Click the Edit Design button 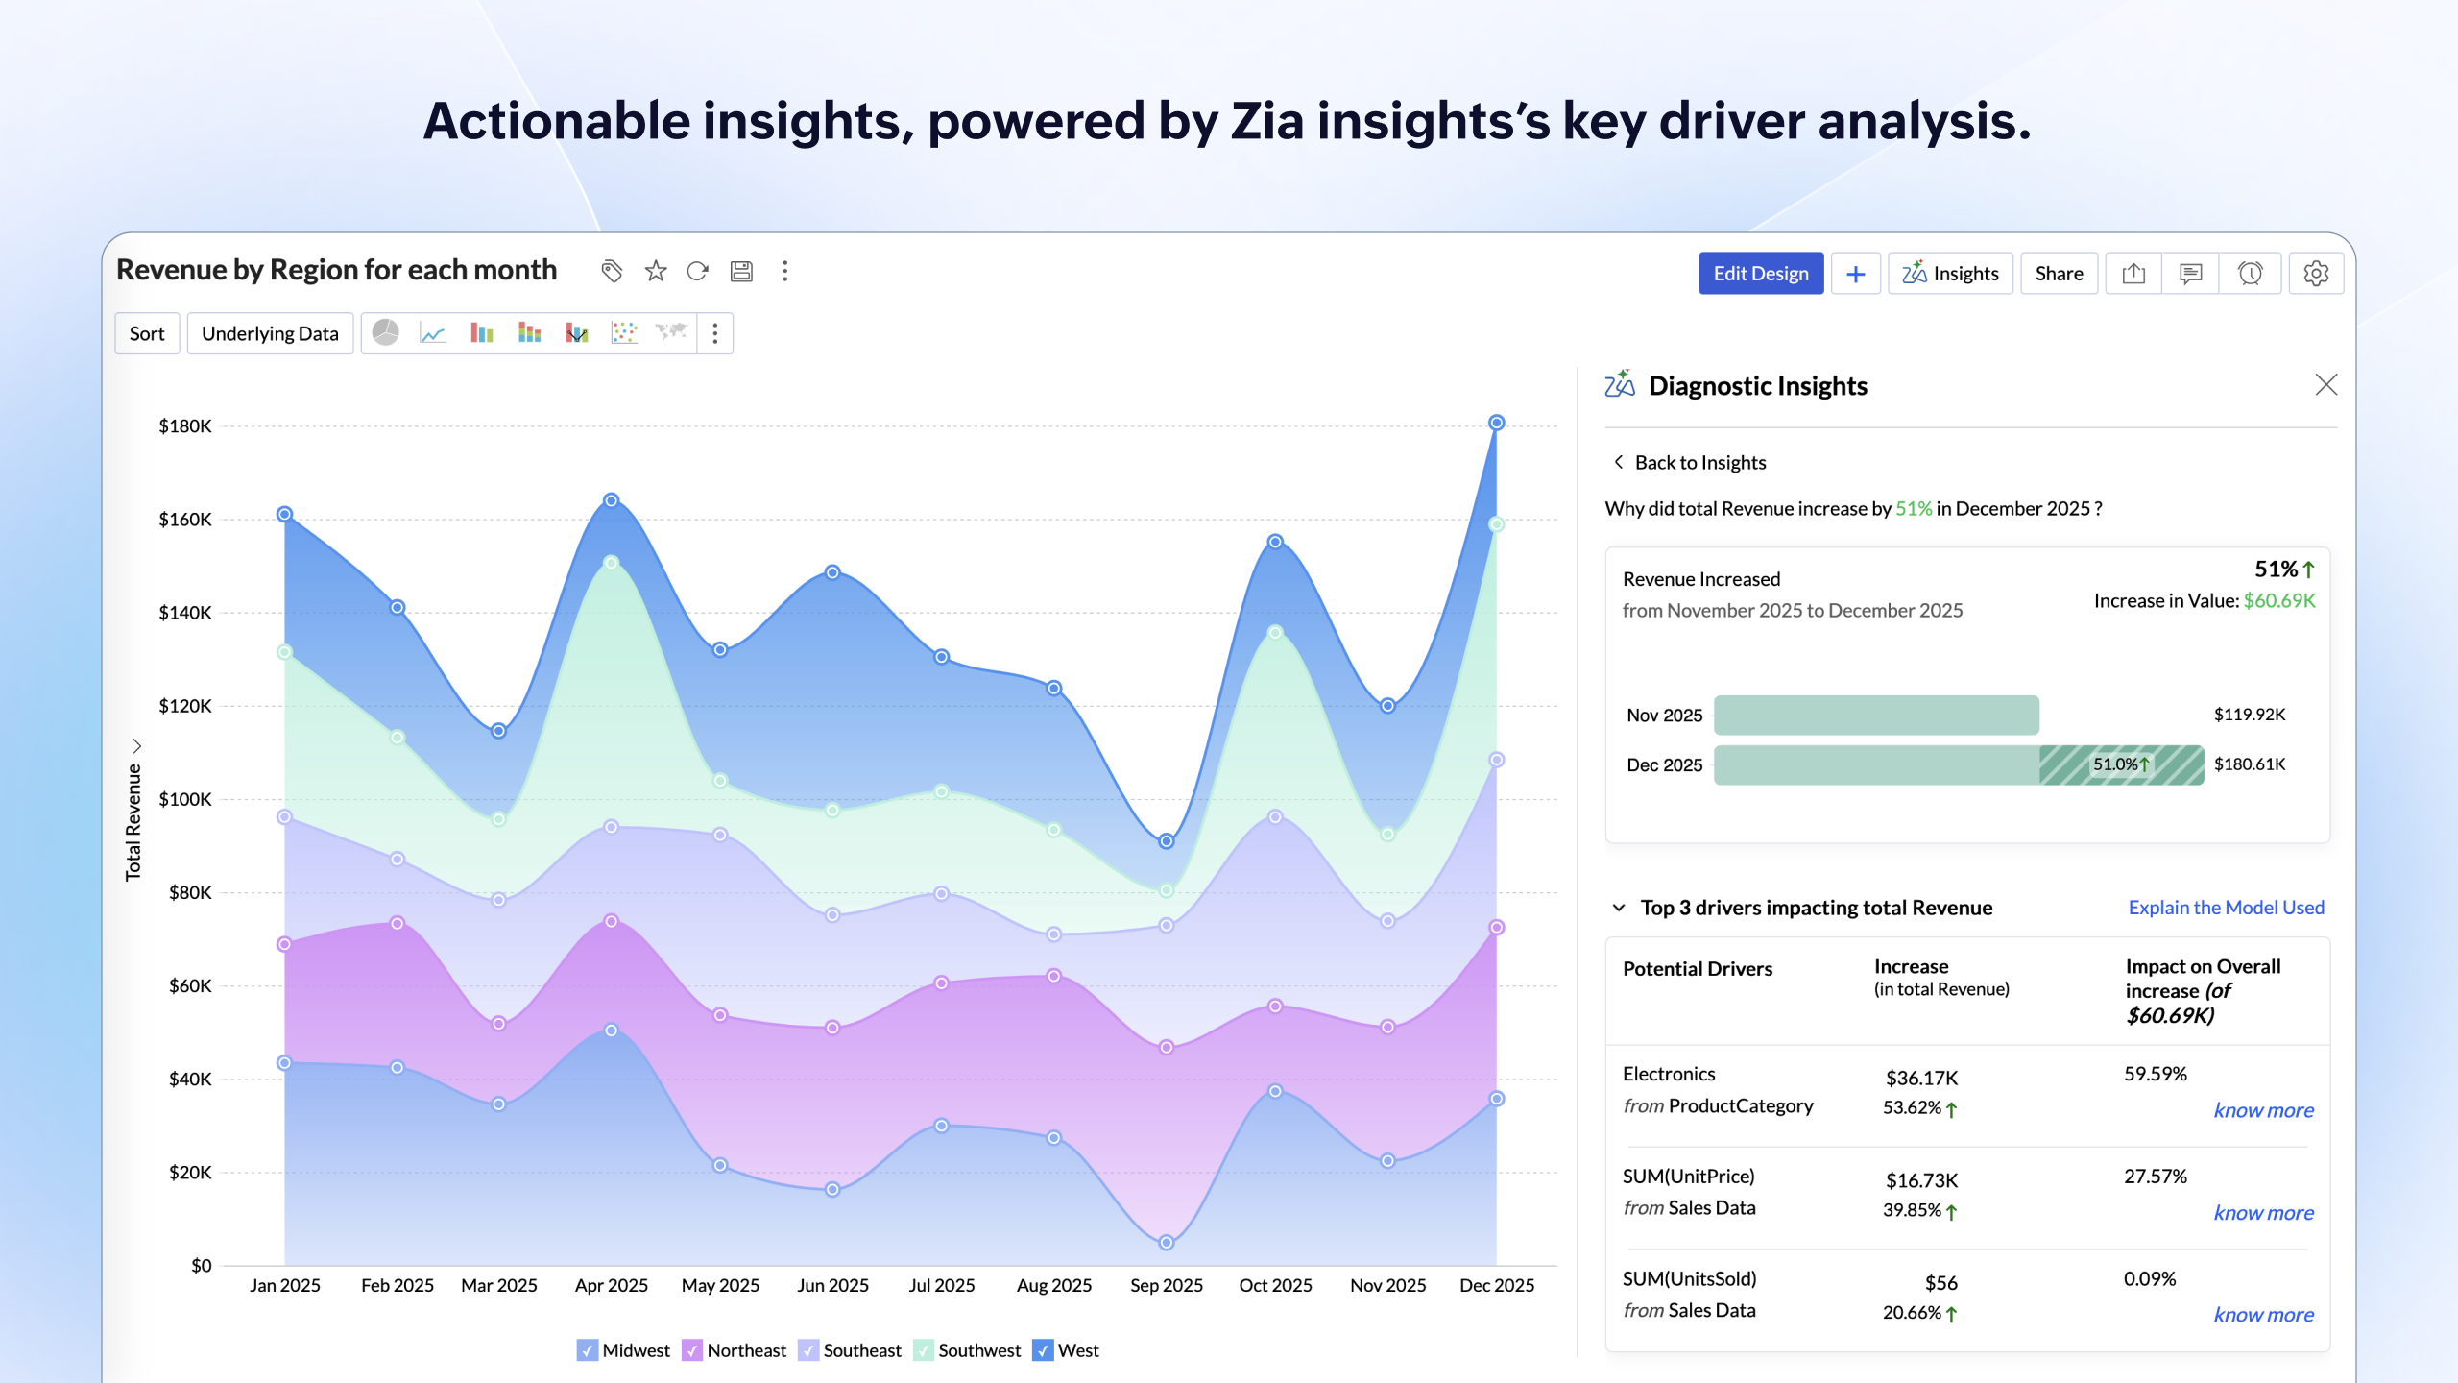(x=1760, y=274)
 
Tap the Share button (x=2059, y=274)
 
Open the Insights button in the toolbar (x=1950, y=274)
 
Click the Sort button (x=147, y=333)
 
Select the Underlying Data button (x=270, y=333)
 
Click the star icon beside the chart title (x=656, y=271)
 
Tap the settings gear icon (x=2315, y=274)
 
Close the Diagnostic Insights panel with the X (x=2325, y=385)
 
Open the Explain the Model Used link (x=2226, y=908)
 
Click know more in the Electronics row (x=2263, y=1110)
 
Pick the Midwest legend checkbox (x=588, y=1350)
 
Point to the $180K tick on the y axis (x=185, y=425)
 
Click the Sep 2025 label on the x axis (x=1166, y=1285)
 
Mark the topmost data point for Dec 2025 (x=1496, y=423)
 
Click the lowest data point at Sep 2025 (x=1166, y=1243)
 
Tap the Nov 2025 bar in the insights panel (x=1876, y=715)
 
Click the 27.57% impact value (x=2155, y=1177)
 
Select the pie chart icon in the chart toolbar (x=385, y=332)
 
